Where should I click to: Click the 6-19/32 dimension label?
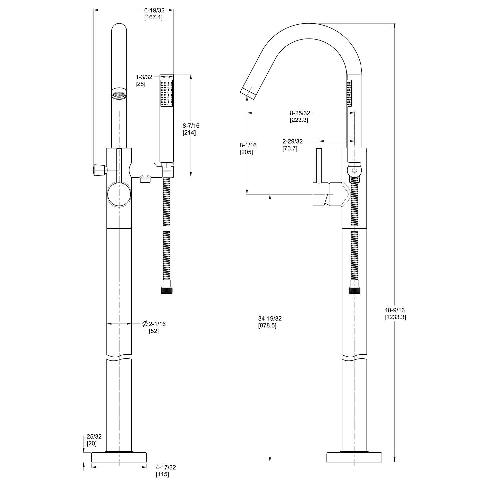pos(154,10)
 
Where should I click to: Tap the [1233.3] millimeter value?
pos(395,317)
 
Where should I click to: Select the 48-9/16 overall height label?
pos(395,310)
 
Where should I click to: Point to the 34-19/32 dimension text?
pos(270,319)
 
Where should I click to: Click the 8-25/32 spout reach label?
pos(300,113)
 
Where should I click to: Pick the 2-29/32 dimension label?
pos(292,141)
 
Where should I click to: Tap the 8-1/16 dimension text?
pos(248,145)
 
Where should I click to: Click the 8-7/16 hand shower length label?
pos(191,126)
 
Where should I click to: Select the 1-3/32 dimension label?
pos(144,77)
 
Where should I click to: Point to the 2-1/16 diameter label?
pos(157,324)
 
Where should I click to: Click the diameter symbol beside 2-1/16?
pos(145,324)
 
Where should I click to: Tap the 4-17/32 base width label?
pos(166,468)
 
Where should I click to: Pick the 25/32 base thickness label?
pos(94,437)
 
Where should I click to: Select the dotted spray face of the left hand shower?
pos(167,93)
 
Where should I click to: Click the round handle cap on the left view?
pos(119,194)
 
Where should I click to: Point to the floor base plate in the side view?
pos(354,457)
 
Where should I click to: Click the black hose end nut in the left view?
pos(167,290)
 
